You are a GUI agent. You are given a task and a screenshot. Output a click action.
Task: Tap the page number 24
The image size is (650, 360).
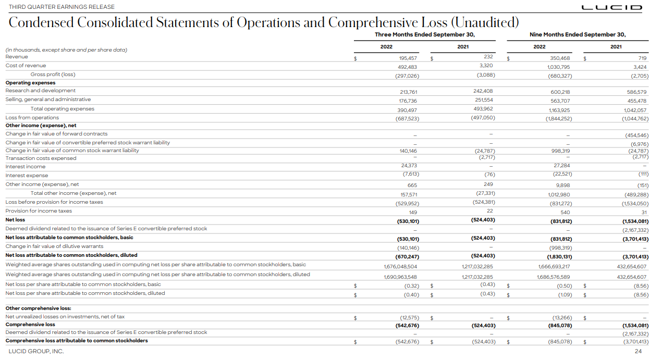[x=638, y=352]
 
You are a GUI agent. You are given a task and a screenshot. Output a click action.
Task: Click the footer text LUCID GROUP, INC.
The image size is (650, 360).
[x=36, y=352]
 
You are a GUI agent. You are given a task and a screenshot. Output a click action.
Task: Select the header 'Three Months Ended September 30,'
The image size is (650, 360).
[x=425, y=34]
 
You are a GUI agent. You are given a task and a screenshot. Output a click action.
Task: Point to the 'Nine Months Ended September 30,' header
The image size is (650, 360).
[x=578, y=34]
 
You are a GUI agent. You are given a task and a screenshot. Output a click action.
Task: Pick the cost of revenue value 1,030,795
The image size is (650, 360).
[x=559, y=67]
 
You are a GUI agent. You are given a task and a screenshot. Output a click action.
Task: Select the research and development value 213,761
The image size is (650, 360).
[x=408, y=92]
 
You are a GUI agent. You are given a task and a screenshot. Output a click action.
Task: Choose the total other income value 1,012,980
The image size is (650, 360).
[x=559, y=194]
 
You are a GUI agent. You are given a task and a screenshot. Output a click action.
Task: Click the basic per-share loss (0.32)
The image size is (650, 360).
[x=411, y=286]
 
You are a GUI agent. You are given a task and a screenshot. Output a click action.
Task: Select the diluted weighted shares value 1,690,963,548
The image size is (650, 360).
[x=400, y=277]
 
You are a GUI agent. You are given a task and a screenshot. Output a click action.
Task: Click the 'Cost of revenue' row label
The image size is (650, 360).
[x=26, y=66]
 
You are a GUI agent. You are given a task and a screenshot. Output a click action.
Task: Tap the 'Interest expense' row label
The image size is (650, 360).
[x=27, y=176]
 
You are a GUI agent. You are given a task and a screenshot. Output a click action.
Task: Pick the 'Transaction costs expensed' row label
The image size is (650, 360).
[x=41, y=158]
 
